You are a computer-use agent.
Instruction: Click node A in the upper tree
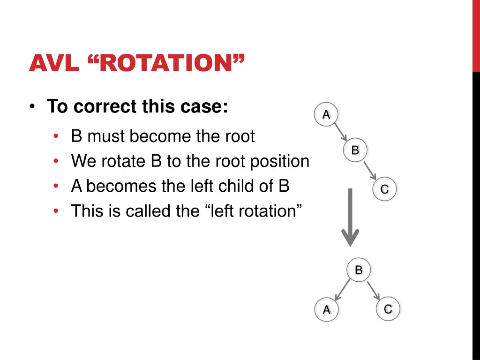[326, 114]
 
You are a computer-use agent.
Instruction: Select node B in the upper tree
[355, 150]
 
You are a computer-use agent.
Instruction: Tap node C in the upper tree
[384, 189]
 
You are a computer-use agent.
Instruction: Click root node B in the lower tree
[359, 270]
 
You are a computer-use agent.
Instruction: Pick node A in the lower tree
[327, 310]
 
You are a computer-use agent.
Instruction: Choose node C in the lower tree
[388, 309]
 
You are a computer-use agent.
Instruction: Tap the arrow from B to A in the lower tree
[343, 290]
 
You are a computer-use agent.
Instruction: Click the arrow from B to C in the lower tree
[374, 291]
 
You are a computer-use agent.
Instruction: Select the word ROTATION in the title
[167, 63]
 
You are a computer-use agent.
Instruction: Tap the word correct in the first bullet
[102, 107]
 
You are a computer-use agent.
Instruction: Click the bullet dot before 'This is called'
[56, 211]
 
